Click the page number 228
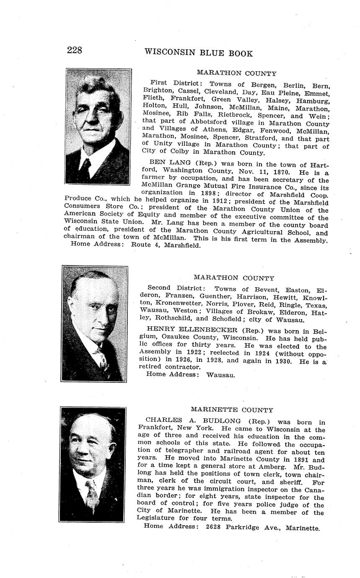[x=74, y=51]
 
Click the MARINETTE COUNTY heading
[x=232, y=410]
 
